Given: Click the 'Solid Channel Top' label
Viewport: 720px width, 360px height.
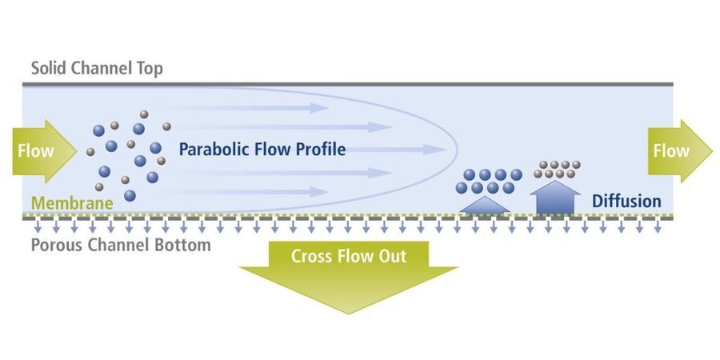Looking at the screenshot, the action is [97, 69].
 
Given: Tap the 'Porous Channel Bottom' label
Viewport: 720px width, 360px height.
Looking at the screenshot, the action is [121, 245].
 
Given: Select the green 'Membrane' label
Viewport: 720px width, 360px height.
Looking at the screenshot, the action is [72, 203].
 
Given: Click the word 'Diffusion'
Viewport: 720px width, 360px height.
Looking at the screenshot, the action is [626, 201].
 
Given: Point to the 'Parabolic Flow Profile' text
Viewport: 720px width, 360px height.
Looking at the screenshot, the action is [262, 150].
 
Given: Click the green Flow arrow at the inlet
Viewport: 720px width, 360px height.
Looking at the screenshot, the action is [45, 151].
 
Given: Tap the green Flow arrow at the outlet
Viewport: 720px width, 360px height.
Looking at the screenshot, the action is [680, 151].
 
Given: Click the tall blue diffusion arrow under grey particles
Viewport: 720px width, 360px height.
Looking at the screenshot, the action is [555, 198].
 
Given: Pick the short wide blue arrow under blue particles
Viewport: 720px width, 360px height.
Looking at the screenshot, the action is [485, 205].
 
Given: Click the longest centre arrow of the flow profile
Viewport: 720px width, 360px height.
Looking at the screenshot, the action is [396, 150].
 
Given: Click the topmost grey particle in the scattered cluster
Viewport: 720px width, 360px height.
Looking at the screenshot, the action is [144, 114].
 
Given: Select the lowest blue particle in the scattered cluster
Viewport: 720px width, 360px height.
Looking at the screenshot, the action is [130, 196].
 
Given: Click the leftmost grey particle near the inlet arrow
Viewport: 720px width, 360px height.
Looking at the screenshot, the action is [90, 151].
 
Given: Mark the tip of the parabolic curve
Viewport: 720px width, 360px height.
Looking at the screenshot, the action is [458, 150].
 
